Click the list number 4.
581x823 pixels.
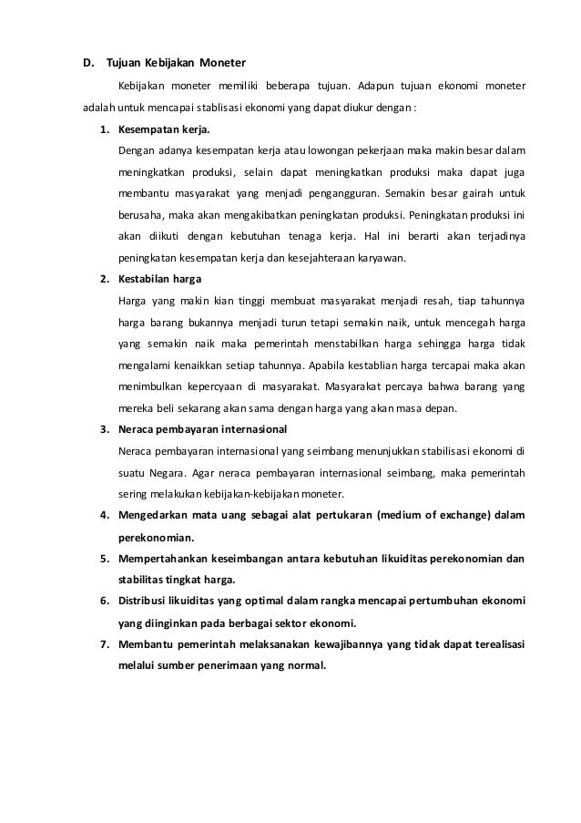tap(104, 516)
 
